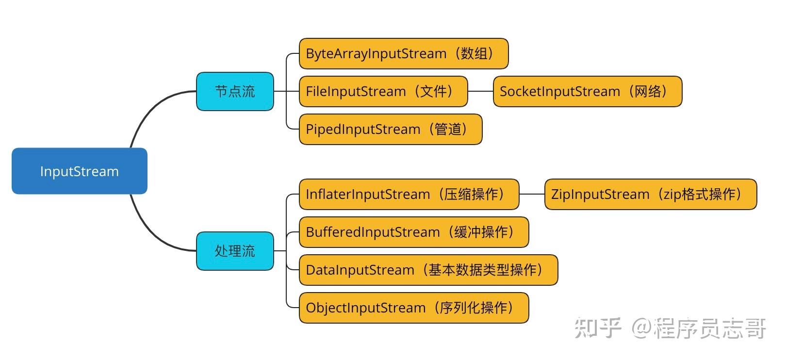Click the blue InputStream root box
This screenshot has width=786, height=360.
coord(79,171)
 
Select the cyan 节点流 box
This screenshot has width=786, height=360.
coord(235,91)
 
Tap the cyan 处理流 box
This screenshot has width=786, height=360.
coord(235,251)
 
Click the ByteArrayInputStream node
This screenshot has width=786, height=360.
coord(403,53)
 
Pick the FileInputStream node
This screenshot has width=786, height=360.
coord(383,91)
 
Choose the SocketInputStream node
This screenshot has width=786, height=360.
coord(587,91)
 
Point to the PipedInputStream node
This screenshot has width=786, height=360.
coord(390,129)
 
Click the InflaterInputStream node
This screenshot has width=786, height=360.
coord(409,194)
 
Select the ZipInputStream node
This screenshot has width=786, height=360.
coord(650,194)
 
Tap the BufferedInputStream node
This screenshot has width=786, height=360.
coord(413,232)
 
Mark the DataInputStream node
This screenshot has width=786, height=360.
coord(428,270)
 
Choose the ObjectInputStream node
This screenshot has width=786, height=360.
coord(413,308)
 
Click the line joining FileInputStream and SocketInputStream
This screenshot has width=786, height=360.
coord(480,91)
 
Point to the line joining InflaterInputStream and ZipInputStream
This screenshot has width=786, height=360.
coord(532,194)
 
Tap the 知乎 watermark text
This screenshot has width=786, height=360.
coord(598,328)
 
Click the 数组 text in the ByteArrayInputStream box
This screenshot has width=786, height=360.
coord(474,53)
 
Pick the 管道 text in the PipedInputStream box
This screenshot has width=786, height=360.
coord(447,129)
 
